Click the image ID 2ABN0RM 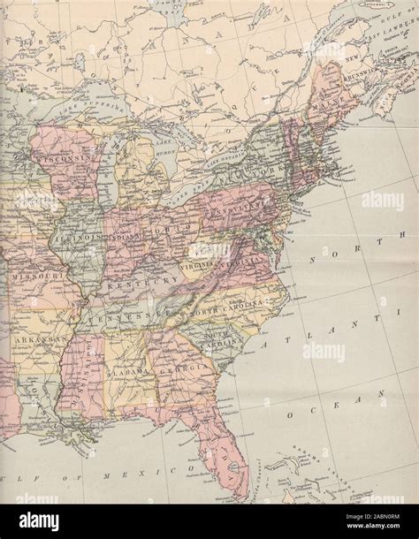click(378, 521)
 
